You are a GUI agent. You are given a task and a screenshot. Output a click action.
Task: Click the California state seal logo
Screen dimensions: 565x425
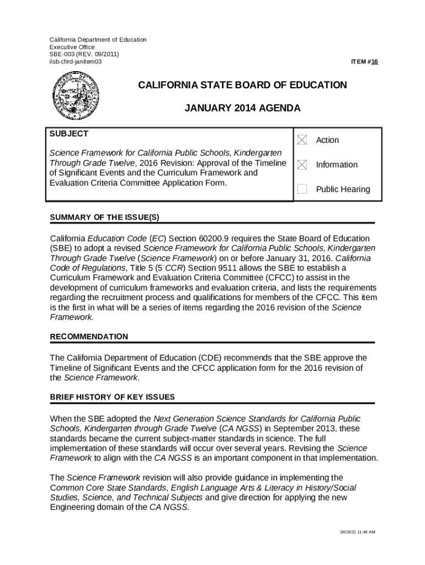click(75, 96)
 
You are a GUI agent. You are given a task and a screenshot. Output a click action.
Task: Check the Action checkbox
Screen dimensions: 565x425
click(302, 140)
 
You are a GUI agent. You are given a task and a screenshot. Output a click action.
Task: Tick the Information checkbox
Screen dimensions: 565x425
click(302, 164)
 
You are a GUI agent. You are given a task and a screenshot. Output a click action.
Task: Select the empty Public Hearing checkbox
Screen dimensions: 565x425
click(302, 189)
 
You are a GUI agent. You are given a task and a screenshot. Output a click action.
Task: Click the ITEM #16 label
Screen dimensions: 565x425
click(364, 62)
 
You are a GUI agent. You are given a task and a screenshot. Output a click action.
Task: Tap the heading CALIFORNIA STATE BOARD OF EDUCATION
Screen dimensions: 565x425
click(242, 85)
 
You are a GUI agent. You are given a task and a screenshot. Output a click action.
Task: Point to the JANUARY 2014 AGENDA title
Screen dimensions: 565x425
click(242, 108)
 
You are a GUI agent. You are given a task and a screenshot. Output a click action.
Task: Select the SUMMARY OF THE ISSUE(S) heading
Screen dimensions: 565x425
click(105, 217)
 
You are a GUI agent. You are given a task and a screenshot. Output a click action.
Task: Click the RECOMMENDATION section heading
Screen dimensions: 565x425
click(89, 337)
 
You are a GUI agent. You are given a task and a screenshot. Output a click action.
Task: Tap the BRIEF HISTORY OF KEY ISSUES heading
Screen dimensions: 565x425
click(113, 397)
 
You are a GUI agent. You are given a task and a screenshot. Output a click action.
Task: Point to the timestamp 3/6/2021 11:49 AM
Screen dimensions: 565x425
click(357, 532)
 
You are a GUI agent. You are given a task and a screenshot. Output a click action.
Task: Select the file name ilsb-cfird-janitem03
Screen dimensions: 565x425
click(76, 61)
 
